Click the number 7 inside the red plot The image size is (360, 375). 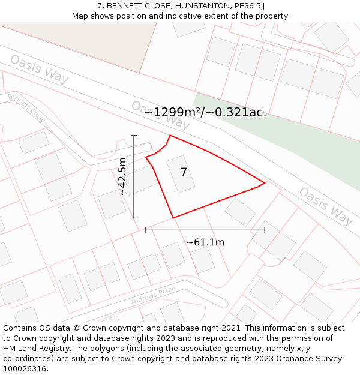click(x=184, y=173)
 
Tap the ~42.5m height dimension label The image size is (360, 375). click(x=122, y=176)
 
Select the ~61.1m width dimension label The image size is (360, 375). click(x=205, y=242)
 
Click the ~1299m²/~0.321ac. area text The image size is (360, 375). click(x=205, y=112)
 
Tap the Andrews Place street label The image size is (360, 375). click(x=153, y=295)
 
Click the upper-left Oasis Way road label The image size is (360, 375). click(x=40, y=70)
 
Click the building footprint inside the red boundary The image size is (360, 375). click(x=181, y=174)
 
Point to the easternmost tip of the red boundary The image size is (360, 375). click(x=265, y=183)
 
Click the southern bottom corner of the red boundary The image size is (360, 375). click(x=173, y=218)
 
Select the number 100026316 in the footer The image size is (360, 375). click(x=25, y=368)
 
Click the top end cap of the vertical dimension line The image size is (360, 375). click(x=134, y=136)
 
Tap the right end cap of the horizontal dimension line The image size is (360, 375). click(x=265, y=229)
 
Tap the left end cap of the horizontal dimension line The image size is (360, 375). click(x=146, y=229)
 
